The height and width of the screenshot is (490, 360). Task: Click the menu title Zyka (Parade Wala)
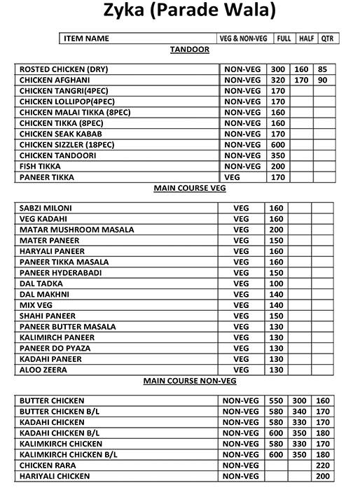tap(180, 11)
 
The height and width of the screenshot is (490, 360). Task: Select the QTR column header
tap(328, 38)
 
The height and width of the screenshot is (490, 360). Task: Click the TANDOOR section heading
tap(189, 50)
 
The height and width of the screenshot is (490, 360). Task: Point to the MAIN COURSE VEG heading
tap(189, 188)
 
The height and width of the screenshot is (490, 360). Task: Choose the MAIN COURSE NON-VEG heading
tap(189, 381)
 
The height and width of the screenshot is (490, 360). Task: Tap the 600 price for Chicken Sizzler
tap(278, 145)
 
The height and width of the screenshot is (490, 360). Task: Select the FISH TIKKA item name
tap(40, 167)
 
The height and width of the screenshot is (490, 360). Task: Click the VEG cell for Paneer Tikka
tap(232, 177)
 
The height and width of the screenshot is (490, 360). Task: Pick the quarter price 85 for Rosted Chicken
tap(322, 69)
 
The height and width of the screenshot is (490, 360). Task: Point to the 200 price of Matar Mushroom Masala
tap(276, 230)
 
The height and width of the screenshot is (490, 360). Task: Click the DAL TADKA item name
tap(41, 283)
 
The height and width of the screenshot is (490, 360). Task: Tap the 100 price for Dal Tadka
tap(276, 283)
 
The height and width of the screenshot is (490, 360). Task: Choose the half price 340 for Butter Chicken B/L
tap(300, 412)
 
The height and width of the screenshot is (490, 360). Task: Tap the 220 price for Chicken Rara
tap(322, 465)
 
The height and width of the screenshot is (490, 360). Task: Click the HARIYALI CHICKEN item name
tap(55, 476)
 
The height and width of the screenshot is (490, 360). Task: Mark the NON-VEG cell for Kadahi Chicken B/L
tap(241, 433)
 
